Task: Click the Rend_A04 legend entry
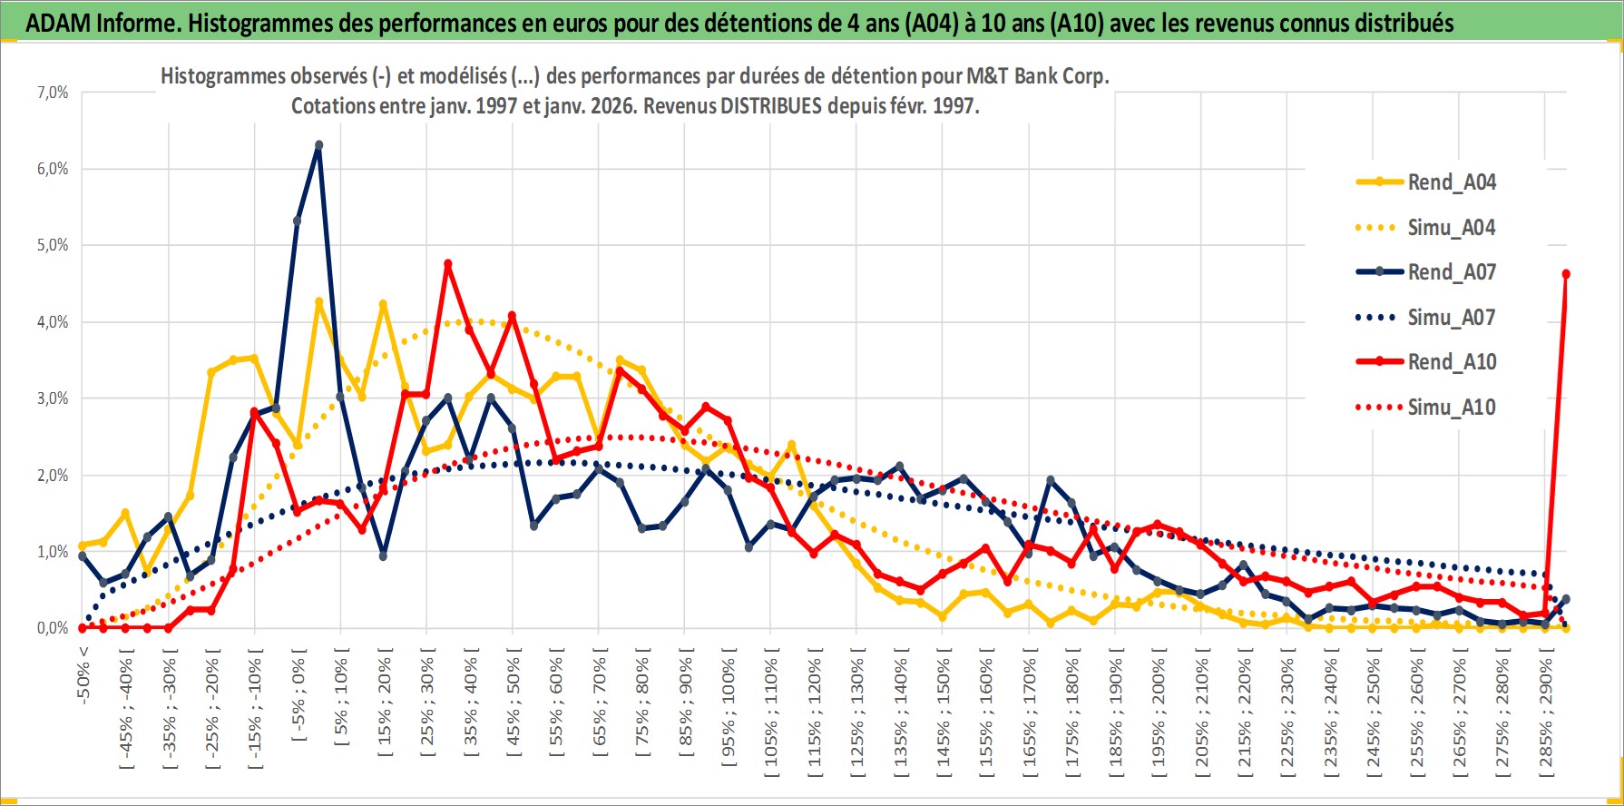[x=1451, y=182]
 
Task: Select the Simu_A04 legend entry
[x=1451, y=228]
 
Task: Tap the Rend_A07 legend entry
[x=1451, y=272]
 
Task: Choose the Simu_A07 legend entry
[x=1451, y=318]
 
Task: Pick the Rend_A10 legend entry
[x=1451, y=362]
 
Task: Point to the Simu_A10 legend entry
[x=1451, y=408]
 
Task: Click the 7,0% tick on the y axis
[x=53, y=93]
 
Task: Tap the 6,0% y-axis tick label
[x=53, y=169]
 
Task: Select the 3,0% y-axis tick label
[x=53, y=398]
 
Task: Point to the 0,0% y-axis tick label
[x=53, y=628]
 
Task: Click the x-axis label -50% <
[x=83, y=672]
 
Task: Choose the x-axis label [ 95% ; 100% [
[x=729, y=708]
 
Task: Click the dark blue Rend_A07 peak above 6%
[x=318, y=145]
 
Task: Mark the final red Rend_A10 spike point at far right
[x=1566, y=274]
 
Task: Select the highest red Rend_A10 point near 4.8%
[x=447, y=264]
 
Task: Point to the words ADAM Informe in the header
[x=101, y=23]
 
